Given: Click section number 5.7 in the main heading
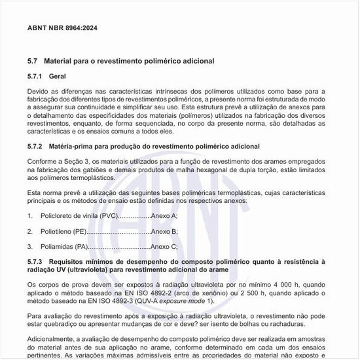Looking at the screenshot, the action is (32, 61).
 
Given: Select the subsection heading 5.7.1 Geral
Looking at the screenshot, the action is (46, 77).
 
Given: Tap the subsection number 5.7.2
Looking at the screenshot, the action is (37, 146).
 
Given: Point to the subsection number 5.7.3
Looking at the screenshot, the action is (37, 261).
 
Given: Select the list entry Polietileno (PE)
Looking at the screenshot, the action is (63, 231).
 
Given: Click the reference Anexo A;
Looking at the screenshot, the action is (164, 215).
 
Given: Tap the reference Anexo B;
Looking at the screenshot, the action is (164, 231).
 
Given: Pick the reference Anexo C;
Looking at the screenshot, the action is (164, 247).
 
